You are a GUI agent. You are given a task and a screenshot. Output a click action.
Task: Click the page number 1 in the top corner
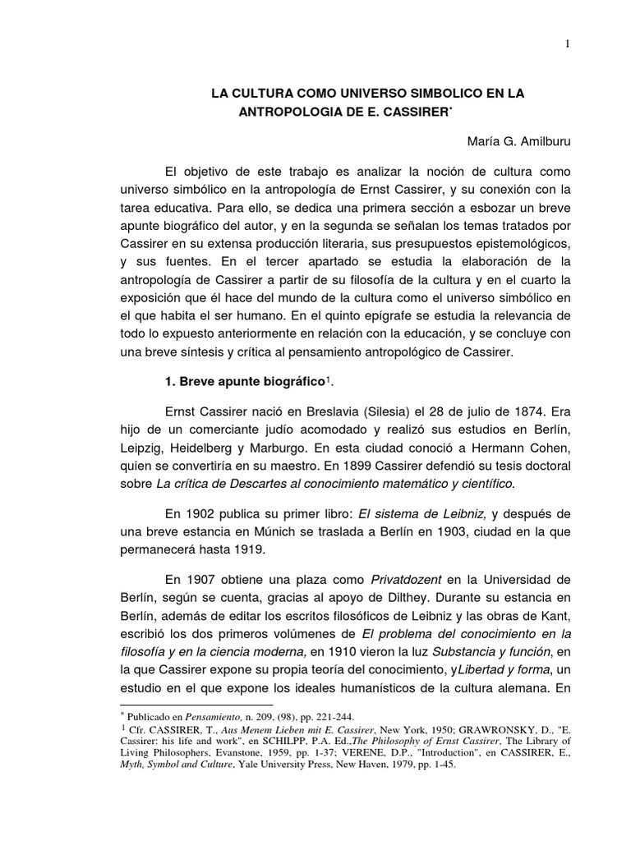point(568,44)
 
